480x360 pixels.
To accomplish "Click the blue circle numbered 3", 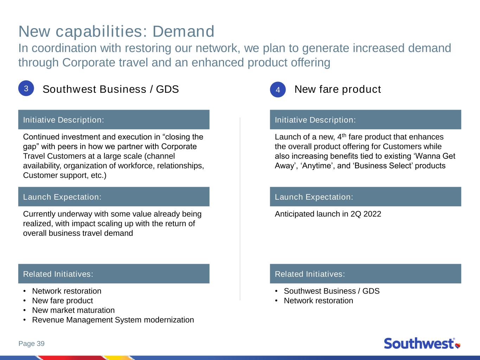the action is [x=26, y=88].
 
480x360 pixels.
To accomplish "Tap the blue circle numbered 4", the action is [x=278, y=89].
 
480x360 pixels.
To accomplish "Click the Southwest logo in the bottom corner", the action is [x=422, y=343].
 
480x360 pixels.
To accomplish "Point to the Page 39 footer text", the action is [x=32, y=343].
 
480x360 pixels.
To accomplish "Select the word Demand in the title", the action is [x=183, y=31].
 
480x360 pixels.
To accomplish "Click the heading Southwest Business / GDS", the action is [x=111, y=89].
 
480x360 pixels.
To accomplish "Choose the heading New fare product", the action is [x=338, y=89].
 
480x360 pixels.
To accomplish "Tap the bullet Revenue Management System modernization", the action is [x=113, y=320].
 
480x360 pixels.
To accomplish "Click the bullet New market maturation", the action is [x=73, y=310].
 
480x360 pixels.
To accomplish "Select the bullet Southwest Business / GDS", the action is [x=332, y=291].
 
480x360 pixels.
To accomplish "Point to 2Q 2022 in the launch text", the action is [x=366, y=214].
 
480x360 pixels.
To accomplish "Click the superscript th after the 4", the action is [x=344, y=135].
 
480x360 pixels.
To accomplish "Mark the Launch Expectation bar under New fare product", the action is [x=365, y=197].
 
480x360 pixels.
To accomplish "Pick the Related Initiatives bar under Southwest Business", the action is [x=114, y=274].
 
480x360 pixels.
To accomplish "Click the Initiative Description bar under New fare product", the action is [x=365, y=119].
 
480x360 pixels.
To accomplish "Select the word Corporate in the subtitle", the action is [x=89, y=63].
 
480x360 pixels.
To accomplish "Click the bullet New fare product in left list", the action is [x=62, y=301].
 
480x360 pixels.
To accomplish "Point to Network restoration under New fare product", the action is [x=318, y=301].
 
